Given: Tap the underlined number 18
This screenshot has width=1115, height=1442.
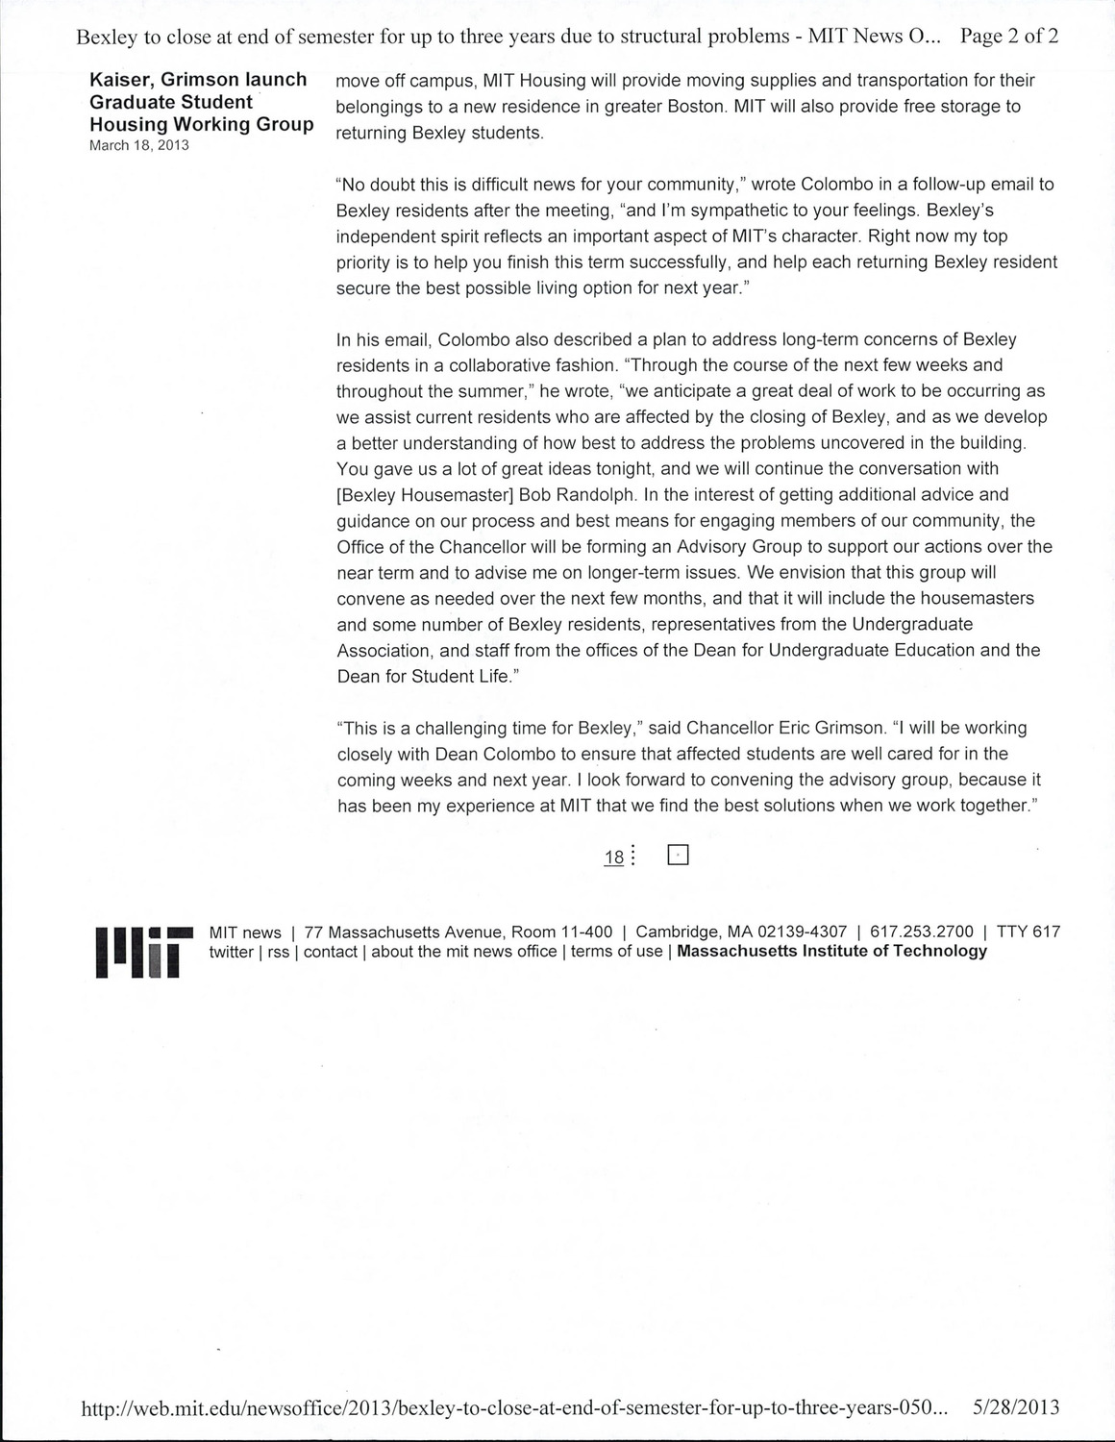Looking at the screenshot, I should (613, 858).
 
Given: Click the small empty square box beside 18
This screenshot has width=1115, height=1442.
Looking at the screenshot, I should (678, 855).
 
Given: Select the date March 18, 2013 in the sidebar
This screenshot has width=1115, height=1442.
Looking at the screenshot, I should (139, 145).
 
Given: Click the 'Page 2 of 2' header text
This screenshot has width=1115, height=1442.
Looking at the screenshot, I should (1009, 37).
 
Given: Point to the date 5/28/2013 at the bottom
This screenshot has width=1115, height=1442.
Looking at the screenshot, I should (1016, 1407).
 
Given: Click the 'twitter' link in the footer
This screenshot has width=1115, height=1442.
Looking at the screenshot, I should (231, 952).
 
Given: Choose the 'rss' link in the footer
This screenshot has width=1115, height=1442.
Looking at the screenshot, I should (279, 952).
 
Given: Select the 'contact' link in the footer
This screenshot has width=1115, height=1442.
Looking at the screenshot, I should (331, 952).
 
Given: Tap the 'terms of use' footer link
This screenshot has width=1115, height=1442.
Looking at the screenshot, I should (616, 952).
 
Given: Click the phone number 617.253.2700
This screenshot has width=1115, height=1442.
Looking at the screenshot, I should (922, 932).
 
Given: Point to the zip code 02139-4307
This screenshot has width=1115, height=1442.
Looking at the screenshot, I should (803, 932).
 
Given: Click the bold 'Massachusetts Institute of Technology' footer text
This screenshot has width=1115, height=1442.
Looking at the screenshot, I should (831, 952).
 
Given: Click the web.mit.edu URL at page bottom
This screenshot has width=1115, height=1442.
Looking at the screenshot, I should (514, 1408).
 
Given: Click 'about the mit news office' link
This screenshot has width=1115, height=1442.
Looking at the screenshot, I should (464, 952).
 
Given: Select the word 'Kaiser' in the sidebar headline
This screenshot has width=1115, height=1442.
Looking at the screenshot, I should (121, 80).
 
